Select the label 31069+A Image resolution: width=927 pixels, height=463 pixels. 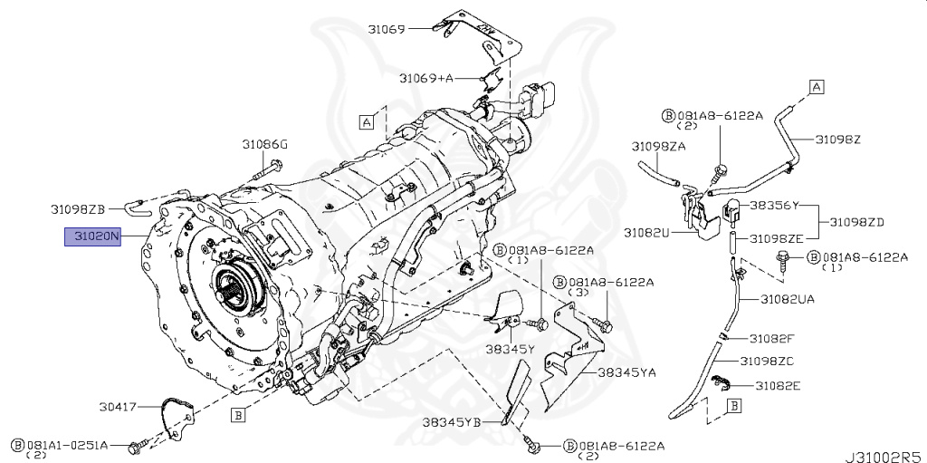click(427, 79)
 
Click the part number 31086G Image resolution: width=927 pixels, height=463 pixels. click(264, 144)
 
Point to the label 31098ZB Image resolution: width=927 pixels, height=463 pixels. click(79, 208)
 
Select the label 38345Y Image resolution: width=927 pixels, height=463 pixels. click(509, 348)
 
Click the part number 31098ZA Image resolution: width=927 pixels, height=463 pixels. click(658, 146)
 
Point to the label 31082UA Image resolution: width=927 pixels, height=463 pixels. click(787, 298)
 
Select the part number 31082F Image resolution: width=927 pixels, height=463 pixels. click(772, 338)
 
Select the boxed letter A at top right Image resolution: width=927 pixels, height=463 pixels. click(816, 87)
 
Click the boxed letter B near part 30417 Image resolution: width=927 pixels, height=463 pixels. click(237, 416)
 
